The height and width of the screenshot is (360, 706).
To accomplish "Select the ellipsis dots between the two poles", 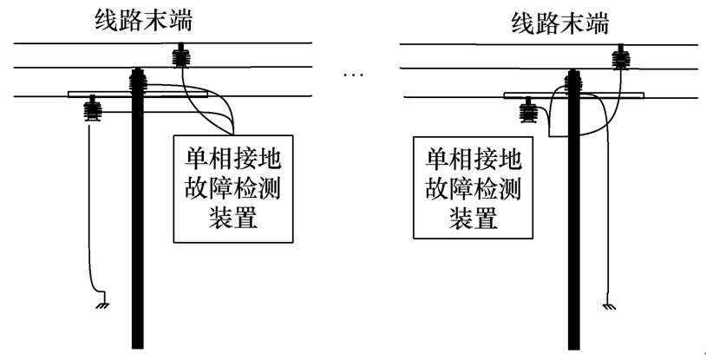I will (x=353, y=75).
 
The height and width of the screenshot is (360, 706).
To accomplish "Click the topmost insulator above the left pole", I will (x=182, y=58).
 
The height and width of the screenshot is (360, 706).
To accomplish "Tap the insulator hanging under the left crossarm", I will (x=89, y=111).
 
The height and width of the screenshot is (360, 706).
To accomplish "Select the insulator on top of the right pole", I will (x=572, y=83).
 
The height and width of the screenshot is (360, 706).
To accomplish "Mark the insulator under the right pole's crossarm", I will (x=527, y=110).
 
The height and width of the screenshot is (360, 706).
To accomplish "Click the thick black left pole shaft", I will (x=137, y=226).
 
